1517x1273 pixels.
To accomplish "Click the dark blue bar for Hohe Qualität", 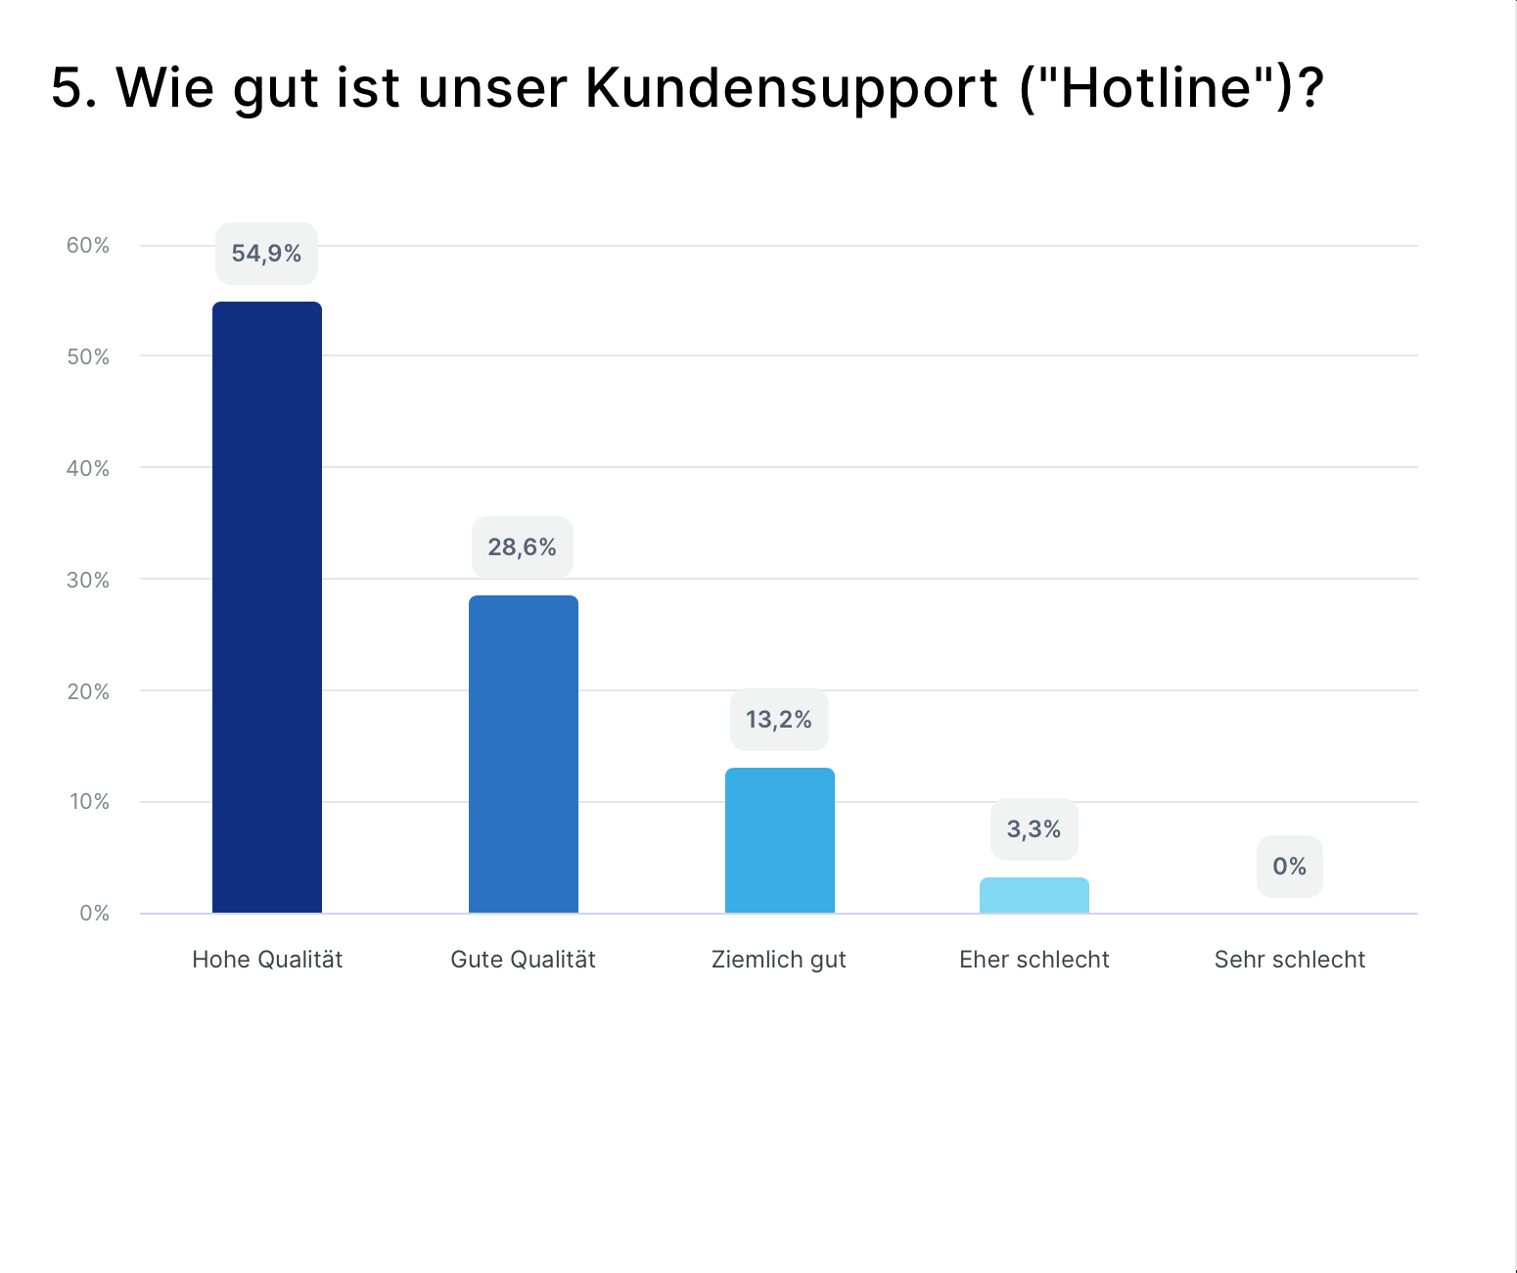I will coord(267,607).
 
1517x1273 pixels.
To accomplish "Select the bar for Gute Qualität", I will coord(524,754).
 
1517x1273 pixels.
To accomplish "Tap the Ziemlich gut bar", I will coord(780,840).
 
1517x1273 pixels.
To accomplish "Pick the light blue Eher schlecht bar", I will coord(1034,895).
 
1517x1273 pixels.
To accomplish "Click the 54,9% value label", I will coord(266,254).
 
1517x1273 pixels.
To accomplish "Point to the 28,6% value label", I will coord(523,547).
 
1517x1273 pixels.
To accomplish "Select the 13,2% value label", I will coord(779,720).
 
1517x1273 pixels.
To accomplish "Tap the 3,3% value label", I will coord(1034,829).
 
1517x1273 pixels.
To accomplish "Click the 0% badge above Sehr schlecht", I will coord(1290,867).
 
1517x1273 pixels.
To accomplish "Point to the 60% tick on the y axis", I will coord(88,246).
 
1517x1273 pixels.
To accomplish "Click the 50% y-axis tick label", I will coord(88,357).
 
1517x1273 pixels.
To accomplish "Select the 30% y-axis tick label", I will coord(88,581).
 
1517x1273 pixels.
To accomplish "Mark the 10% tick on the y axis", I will coord(89,802).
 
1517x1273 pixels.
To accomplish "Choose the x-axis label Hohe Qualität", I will coord(267,960).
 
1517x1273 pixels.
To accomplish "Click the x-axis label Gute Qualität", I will coord(524,960).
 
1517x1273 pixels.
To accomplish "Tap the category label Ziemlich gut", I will coord(779,960).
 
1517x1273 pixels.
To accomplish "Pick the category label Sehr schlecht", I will coord(1290,960).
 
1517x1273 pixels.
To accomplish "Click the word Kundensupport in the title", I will coord(792,88).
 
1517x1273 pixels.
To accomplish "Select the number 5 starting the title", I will coord(66,88).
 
